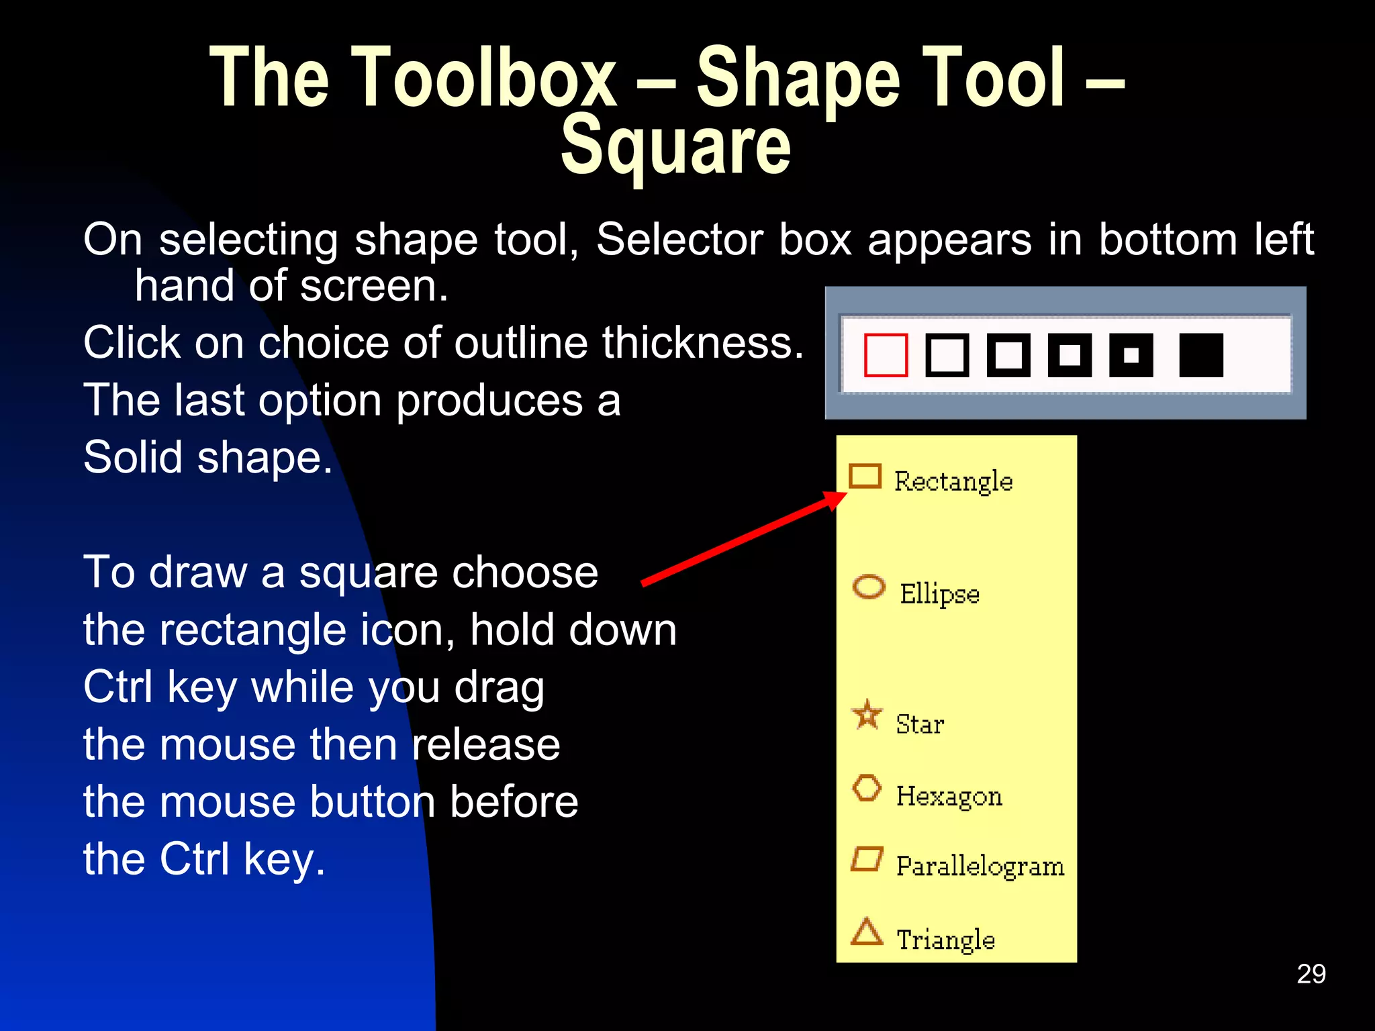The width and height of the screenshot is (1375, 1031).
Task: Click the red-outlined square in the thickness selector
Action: coord(886,355)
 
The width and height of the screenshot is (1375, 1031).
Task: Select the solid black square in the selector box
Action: coord(1201,355)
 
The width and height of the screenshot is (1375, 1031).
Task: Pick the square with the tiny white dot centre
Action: coord(1131,355)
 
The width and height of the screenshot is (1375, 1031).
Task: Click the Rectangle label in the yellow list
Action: coord(953,482)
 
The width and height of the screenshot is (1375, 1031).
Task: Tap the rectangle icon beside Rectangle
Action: coord(865,476)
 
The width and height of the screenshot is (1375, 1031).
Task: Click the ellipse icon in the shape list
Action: coord(869,587)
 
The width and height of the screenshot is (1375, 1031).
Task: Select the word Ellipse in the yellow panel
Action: coord(939,595)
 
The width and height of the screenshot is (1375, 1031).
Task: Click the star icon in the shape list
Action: coord(867,714)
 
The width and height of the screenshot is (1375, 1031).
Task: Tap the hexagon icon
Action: coord(867,788)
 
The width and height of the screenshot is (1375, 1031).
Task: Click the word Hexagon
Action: coord(949,797)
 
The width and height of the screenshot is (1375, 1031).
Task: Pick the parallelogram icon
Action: coord(867,858)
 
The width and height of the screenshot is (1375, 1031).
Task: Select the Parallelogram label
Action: coord(980,867)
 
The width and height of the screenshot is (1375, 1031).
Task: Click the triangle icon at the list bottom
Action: coord(867,932)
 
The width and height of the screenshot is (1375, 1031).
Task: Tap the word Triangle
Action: coord(945,940)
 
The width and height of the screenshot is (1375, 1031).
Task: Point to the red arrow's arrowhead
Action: coord(837,499)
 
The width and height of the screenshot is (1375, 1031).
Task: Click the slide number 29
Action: coord(1311,974)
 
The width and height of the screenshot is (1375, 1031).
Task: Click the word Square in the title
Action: coord(675,146)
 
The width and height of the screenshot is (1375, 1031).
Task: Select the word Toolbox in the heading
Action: coord(483,77)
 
